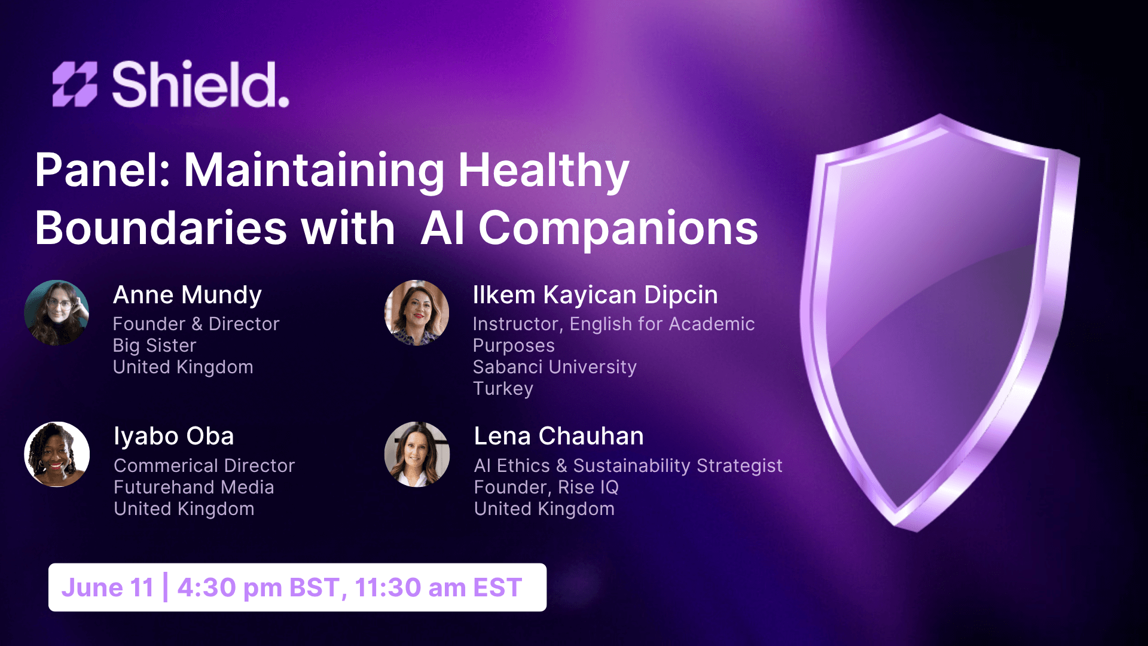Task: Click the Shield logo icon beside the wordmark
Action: click(75, 84)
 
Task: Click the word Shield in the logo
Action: click(200, 84)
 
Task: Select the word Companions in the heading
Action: click(618, 228)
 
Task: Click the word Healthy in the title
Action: click(544, 172)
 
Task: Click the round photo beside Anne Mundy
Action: click(57, 313)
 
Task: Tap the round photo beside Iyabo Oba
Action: click(57, 455)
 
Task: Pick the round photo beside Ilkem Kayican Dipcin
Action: click(417, 313)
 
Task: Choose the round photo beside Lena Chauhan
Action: click(417, 455)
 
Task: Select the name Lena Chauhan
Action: click(559, 436)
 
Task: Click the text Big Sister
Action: click(154, 346)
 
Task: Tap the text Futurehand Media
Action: click(194, 487)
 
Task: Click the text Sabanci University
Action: click(554, 367)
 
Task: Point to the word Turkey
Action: click(503, 389)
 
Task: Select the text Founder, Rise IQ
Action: click(546, 487)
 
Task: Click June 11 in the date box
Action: click(108, 587)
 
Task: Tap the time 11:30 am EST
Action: click(438, 587)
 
